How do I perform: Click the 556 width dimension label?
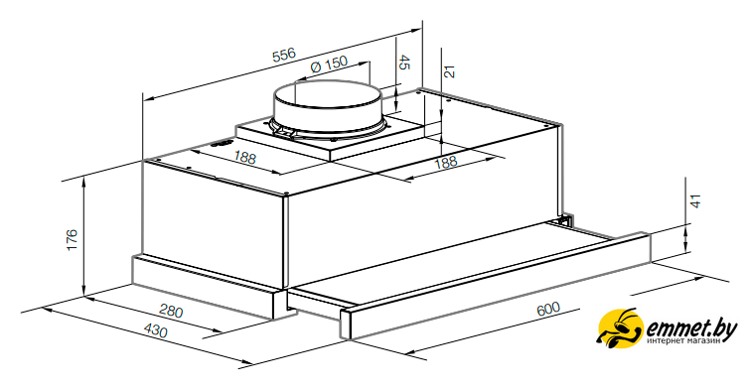(x=284, y=55)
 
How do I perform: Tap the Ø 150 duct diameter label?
(x=329, y=65)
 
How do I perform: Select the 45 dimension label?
(x=404, y=63)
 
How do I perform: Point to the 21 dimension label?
(x=449, y=71)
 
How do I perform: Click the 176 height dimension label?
(x=72, y=240)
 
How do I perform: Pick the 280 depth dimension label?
(x=171, y=312)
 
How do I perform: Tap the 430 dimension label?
(x=156, y=330)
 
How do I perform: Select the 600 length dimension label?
(x=548, y=309)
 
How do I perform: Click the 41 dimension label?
(x=696, y=200)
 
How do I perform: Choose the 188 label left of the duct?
(x=245, y=157)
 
